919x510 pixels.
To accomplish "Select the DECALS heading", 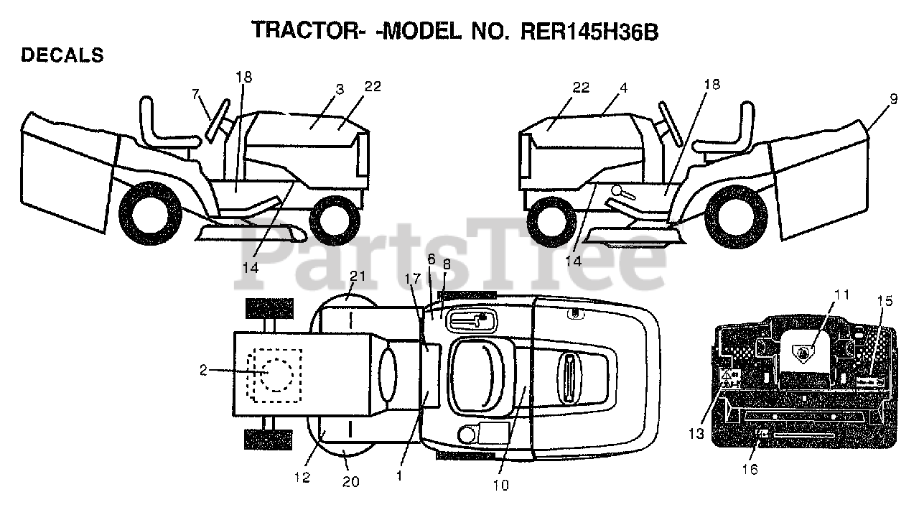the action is (62, 55).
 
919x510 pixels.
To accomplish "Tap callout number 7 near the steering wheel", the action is (195, 93).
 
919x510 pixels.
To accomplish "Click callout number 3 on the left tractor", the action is (340, 89).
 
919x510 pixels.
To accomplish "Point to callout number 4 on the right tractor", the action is (623, 88).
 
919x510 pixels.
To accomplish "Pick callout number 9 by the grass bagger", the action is (892, 100).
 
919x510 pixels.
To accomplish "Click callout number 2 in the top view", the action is (203, 371).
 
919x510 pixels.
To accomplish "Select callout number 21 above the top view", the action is (358, 277).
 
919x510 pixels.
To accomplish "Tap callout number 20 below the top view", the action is (350, 482).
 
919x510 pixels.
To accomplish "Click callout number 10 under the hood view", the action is (501, 486).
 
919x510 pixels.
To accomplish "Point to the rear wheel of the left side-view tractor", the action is (151, 213).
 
